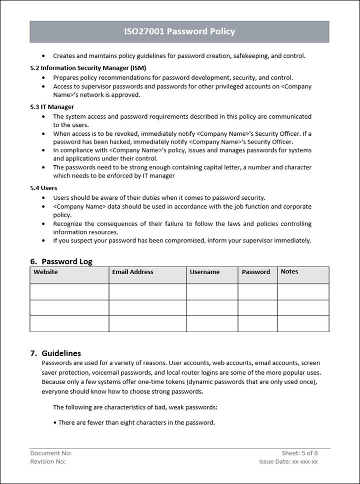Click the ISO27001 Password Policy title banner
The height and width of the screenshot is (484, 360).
179,31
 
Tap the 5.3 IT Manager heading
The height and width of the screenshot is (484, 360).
52,106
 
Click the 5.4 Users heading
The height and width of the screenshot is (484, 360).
44,188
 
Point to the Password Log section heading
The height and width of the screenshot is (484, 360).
66,261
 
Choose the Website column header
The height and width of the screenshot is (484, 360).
45,272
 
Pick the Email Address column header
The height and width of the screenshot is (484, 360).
132,272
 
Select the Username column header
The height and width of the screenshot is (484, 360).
204,272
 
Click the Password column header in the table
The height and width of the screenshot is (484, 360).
256,272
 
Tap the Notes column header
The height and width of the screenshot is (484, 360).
289,272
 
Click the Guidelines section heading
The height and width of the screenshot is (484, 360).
61,353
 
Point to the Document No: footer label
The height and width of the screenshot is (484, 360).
51,453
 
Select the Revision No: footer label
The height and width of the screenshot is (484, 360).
48,462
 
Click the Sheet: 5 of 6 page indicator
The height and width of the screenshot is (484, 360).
300,453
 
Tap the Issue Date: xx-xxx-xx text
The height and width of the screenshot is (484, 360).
288,462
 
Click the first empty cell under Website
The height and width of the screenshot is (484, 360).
69,292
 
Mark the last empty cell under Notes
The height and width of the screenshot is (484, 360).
303,324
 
